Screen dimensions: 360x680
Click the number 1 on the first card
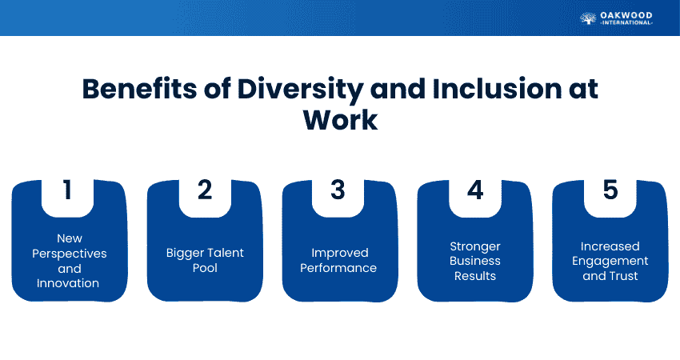pyautogui.click(x=67, y=190)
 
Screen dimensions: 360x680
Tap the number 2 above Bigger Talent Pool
pyautogui.click(x=204, y=190)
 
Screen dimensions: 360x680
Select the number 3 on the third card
pyautogui.click(x=338, y=190)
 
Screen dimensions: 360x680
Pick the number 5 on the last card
pyautogui.click(x=610, y=190)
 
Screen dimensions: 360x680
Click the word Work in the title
pyautogui.click(x=340, y=121)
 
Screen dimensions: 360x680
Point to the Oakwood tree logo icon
pyautogui.click(x=588, y=18)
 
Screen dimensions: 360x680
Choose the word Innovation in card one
pyautogui.click(x=70, y=283)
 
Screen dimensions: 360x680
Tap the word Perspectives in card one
pyautogui.click(x=70, y=253)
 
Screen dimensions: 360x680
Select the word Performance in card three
pyautogui.click(x=338, y=268)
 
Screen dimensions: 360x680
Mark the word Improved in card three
pyautogui.click(x=338, y=253)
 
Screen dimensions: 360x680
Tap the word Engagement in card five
pyautogui.click(x=610, y=261)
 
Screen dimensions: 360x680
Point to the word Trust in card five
pyautogui.click(x=624, y=276)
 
